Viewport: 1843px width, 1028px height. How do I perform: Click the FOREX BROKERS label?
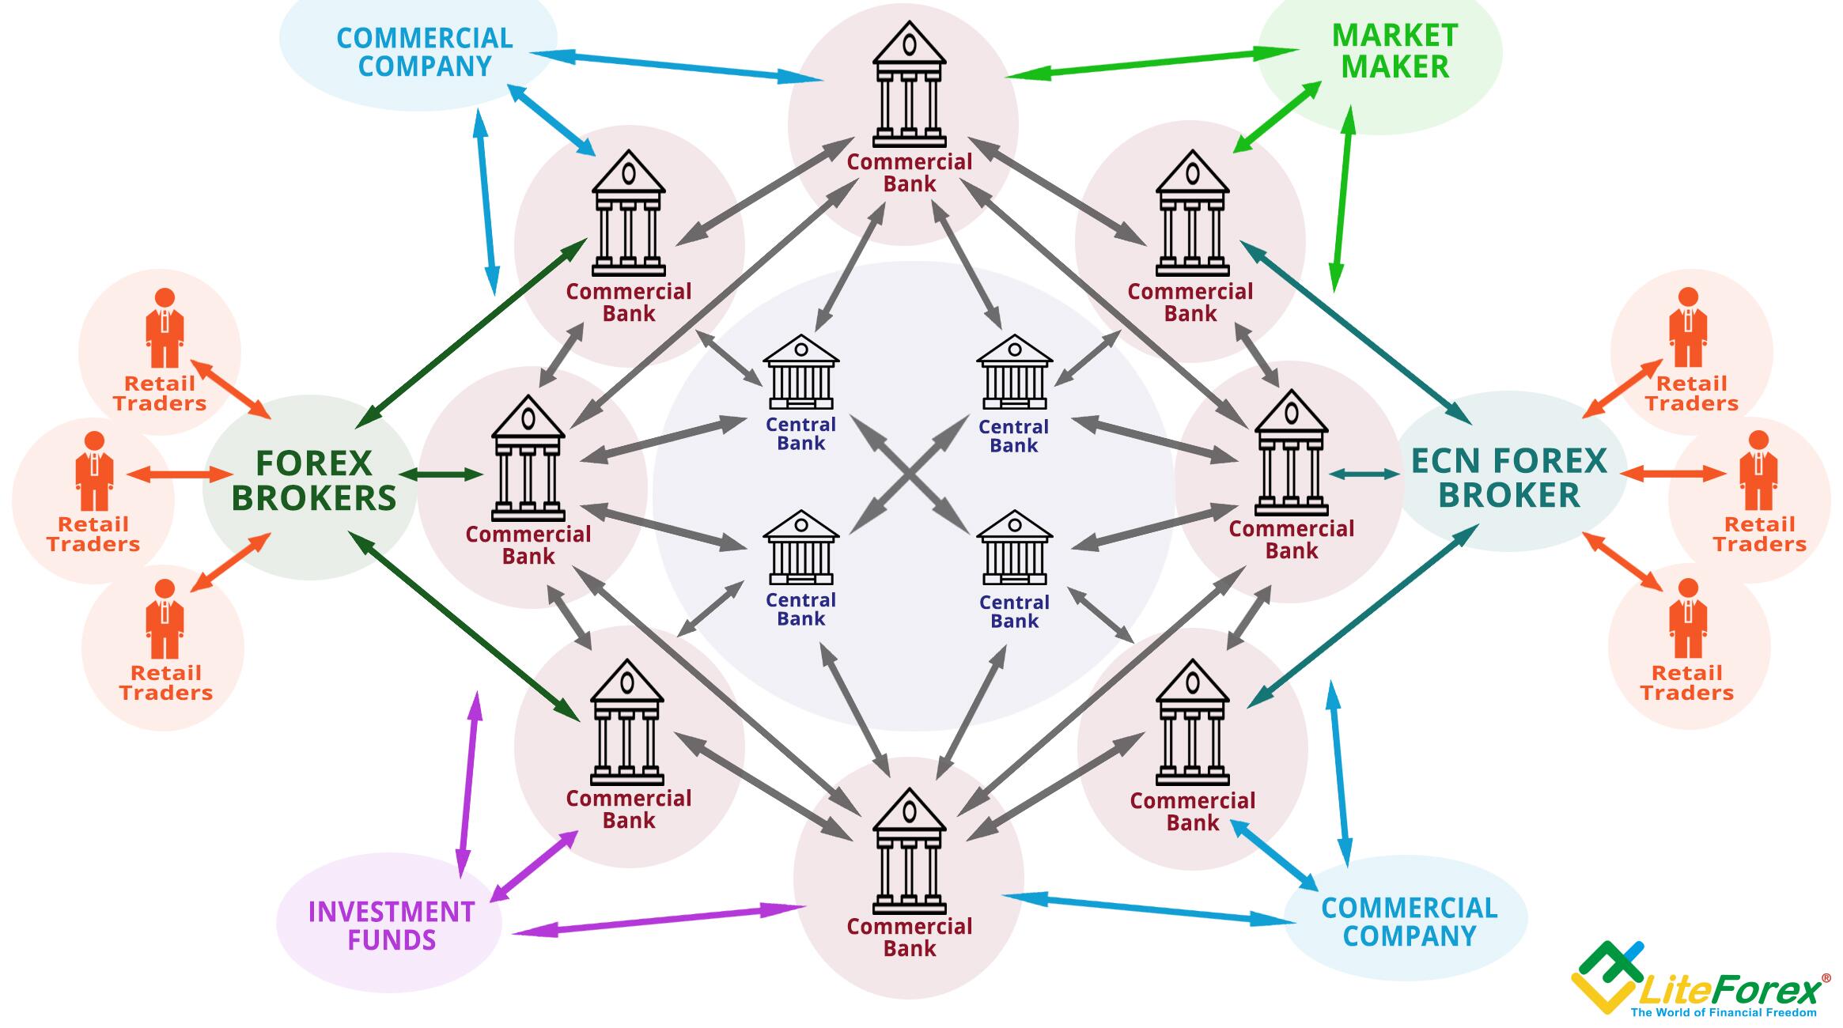coord(313,481)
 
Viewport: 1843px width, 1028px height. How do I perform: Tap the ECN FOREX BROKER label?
coord(1508,478)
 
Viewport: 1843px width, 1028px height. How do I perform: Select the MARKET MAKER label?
coord(1395,51)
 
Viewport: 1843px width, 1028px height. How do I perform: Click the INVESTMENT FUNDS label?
coord(392,926)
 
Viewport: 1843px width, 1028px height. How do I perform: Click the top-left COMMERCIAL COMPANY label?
coord(425,52)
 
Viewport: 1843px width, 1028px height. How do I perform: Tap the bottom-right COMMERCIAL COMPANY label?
coord(1410,922)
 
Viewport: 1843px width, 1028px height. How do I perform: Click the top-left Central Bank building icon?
coord(800,372)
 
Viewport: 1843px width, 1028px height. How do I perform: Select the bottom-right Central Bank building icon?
coord(1014,548)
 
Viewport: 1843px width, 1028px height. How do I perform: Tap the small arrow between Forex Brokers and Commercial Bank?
coord(441,474)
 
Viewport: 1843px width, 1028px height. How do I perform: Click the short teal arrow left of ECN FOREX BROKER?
coord(1364,474)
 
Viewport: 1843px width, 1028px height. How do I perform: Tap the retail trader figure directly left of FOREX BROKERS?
coord(94,471)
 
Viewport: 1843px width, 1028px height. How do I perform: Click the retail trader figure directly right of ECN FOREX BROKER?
coord(1758,471)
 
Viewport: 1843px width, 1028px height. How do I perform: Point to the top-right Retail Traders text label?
coord(1691,394)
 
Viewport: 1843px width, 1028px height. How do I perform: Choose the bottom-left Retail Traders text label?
coord(165,683)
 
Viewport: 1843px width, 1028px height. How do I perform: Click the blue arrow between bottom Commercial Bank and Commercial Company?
coord(1149,909)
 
